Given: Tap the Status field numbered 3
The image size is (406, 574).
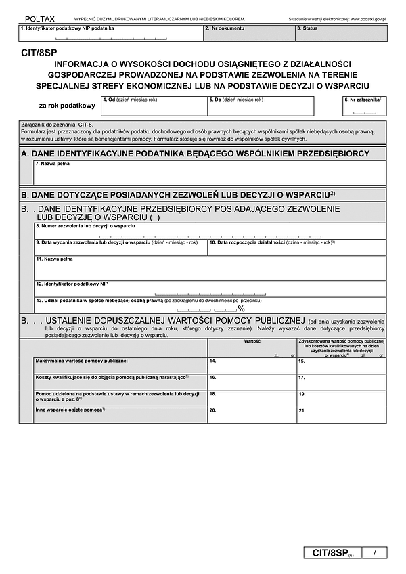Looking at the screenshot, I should click(x=340, y=34).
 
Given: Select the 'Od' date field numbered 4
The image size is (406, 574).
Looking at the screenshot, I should click(x=154, y=107).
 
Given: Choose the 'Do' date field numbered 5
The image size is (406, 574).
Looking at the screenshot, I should click(x=261, y=107).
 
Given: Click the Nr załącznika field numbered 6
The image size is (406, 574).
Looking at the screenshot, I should click(x=365, y=107).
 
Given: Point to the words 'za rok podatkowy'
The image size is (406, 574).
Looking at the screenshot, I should click(x=67, y=106).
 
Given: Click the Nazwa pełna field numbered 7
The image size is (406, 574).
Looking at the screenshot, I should click(x=210, y=173).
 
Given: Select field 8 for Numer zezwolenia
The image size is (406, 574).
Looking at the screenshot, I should click(x=210, y=231).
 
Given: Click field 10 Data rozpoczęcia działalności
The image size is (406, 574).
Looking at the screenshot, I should click(x=296, y=247).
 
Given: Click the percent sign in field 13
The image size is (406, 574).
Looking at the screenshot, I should click(x=241, y=309).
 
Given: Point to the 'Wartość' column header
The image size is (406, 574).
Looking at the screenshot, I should click(x=252, y=342).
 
